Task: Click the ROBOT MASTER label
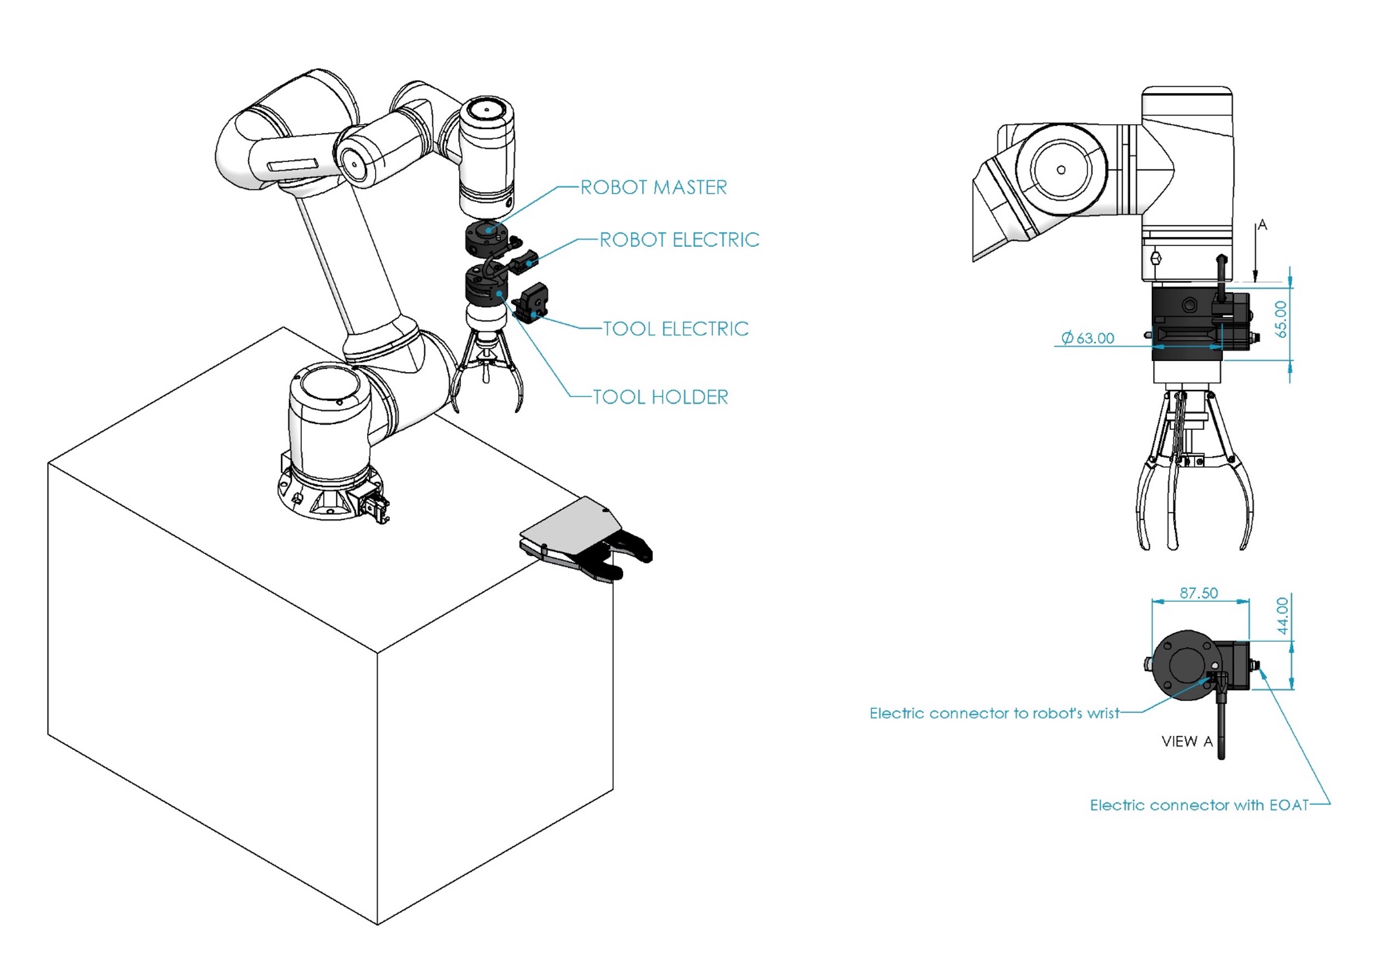pos(653,187)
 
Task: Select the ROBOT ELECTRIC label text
pos(679,240)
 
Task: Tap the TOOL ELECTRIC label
pos(675,329)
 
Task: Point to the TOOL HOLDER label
pos(660,397)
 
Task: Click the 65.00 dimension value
pos(1281,319)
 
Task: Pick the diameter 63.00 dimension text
pos(1088,338)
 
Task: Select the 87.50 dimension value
pos(1198,593)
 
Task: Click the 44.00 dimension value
pos(1282,616)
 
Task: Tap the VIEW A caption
pos(1187,741)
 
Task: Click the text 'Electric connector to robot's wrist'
pos(994,713)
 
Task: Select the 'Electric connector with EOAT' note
pos(1199,805)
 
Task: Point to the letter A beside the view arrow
pos(1262,225)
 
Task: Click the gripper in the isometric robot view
pos(487,373)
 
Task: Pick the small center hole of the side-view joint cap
pos(1061,170)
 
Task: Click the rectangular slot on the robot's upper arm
pos(292,164)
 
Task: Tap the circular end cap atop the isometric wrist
pos(486,110)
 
